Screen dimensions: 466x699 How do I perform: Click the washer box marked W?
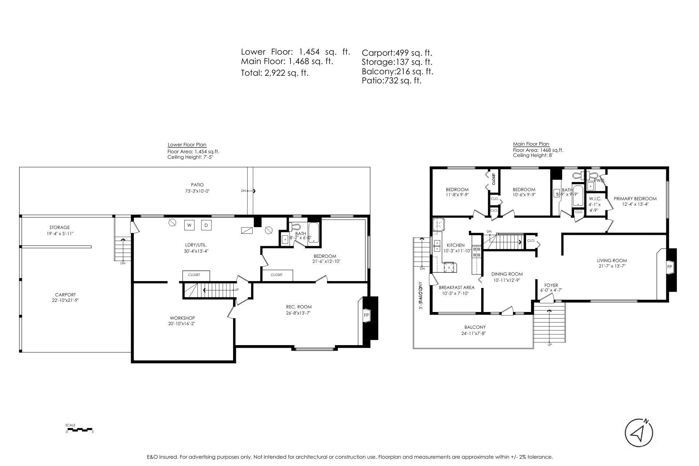(189, 225)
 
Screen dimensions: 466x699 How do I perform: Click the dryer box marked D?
(206, 225)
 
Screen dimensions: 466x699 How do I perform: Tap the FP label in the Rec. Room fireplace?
(366, 315)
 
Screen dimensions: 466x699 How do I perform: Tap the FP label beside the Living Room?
(669, 267)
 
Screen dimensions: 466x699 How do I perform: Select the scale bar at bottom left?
(80, 430)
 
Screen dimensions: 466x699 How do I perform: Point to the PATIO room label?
(197, 185)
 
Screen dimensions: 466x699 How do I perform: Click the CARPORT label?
(66, 295)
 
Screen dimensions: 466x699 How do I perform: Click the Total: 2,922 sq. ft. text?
(275, 73)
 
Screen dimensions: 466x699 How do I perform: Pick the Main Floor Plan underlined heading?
(531, 144)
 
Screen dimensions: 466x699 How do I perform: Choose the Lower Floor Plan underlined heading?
(187, 145)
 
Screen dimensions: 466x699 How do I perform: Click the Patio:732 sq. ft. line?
(391, 81)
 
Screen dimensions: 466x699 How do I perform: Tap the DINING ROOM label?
(507, 274)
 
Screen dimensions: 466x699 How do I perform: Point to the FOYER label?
(551, 285)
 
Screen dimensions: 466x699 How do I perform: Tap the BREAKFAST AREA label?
(457, 287)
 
